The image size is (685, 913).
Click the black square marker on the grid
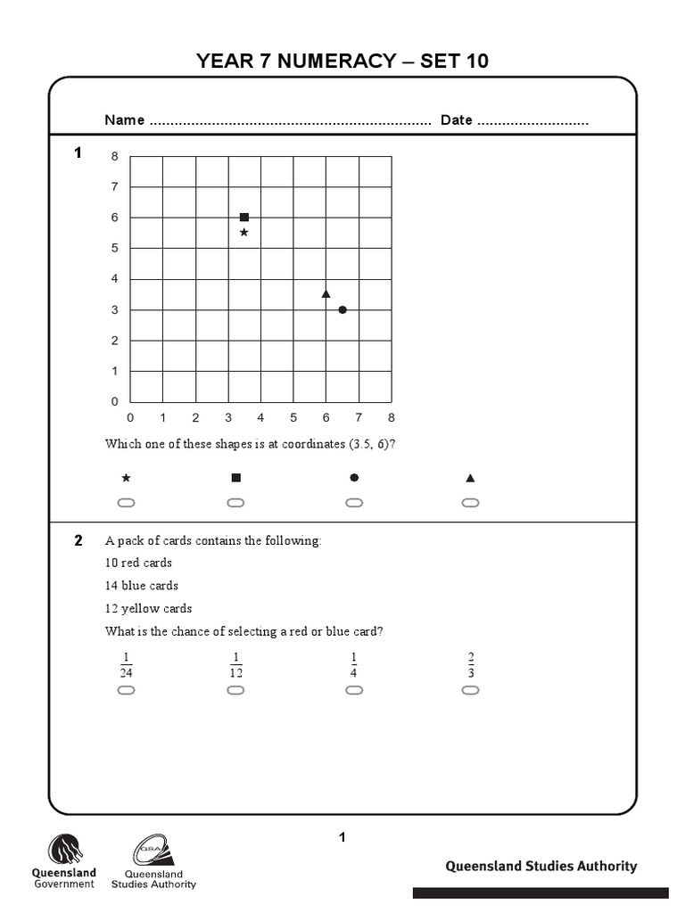click(244, 217)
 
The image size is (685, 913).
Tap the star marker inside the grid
click(244, 233)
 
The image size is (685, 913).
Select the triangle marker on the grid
click(326, 293)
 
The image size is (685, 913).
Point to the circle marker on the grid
click(342, 309)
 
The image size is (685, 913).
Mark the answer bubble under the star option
click(126, 503)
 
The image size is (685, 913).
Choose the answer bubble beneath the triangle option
click(470, 503)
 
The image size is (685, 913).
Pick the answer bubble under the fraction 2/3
click(470, 690)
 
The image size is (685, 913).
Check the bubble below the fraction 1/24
click(126, 690)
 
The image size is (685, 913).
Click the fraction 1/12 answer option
click(235, 665)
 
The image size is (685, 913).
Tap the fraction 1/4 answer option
click(354, 665)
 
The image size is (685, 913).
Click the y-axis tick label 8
click(114, 157)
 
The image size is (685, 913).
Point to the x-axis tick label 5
click(293, 417)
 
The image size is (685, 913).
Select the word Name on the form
click(125, 120)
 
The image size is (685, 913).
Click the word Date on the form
click(456, 120)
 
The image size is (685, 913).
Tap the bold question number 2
click(78, 540)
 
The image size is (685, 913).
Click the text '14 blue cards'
click(142, 586)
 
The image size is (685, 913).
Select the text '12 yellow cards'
click(148, 609)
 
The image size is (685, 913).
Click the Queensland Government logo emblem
click(64, 850)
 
